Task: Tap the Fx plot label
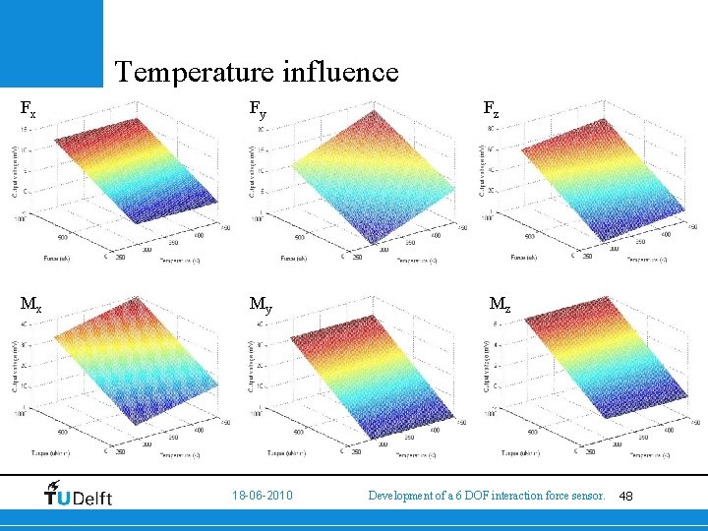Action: pos(29,110)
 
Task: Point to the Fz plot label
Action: pos(490,110)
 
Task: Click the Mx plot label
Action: pos(33,304)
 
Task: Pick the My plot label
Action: pos(261,306)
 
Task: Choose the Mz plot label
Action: pos(501,305)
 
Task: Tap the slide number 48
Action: pos(627,496)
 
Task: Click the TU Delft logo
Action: pos(79,495)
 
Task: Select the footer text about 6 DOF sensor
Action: pos(486,496)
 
